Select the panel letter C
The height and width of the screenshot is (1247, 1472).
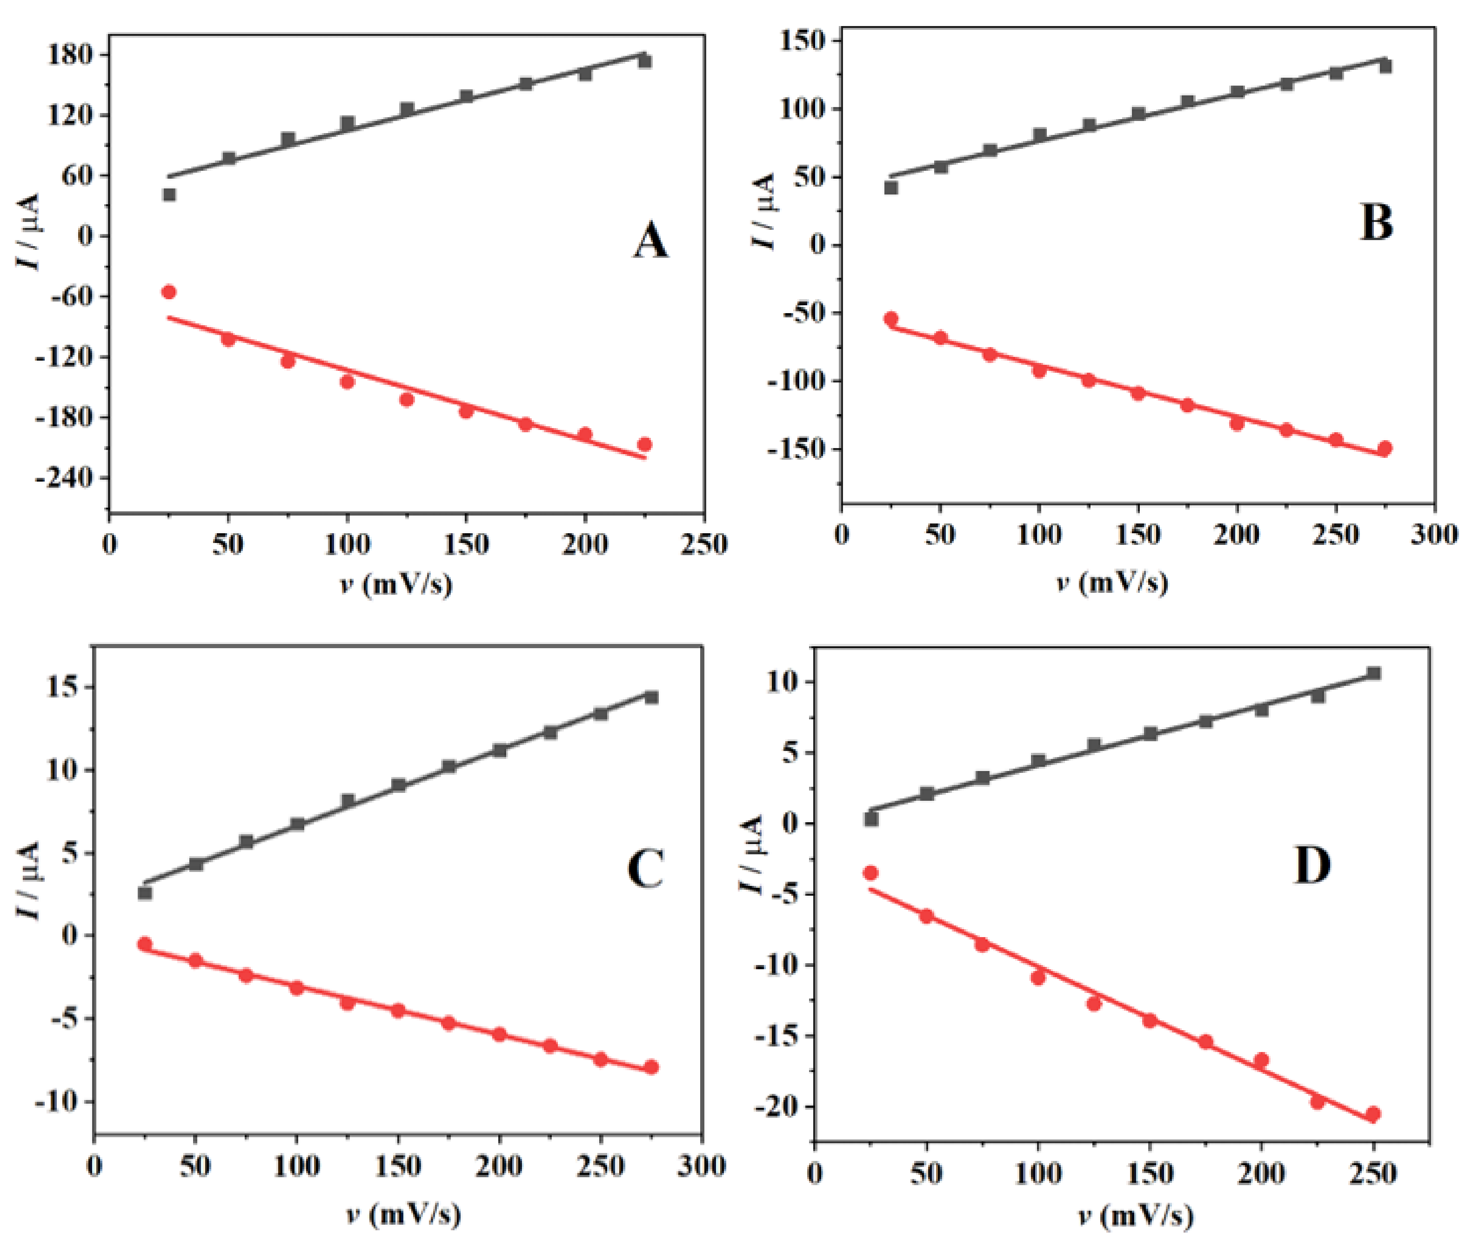pyautogui.click(x=644, y=869)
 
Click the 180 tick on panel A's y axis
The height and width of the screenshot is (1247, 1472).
pyautogui.click(x=69, y=55)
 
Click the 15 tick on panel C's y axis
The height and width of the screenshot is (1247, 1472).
pyautogui.click(x=64, y=688)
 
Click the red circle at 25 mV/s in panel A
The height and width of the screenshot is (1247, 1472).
pyautogui.click(x=169, y=292)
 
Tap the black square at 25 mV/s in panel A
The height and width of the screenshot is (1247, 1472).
pyautogui.click(x=169, y=194)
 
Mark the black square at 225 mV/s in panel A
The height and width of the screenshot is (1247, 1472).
pyautogui.click(x=644, y=61)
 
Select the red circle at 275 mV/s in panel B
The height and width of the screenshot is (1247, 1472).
pyautogui.click(x=1385, y=448)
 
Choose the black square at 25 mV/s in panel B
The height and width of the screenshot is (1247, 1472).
pyautogui.click(x=891, y=188)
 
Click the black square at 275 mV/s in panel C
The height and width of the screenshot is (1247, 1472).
pyautogui.click(x=651, y=697)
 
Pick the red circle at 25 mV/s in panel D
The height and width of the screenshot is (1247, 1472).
pyautogui.click(x=870, y=873)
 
